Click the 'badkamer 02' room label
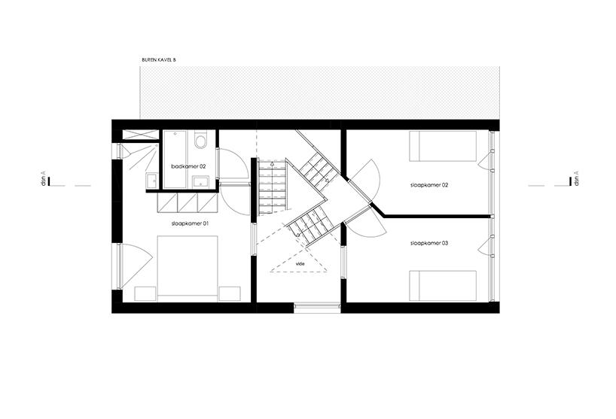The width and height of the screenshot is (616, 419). (188, 166)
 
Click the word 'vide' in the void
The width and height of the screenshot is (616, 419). (300, 264)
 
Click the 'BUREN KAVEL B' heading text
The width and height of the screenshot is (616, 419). (159, 60)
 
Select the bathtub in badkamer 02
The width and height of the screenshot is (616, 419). (175, 159)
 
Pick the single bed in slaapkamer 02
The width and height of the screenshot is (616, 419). (443, 146)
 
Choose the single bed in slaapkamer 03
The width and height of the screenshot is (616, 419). (443, 286)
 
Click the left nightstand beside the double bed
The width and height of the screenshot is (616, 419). (146, 294)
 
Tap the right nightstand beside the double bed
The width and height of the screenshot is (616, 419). (230, 294)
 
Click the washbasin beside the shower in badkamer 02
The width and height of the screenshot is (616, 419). (151, 181)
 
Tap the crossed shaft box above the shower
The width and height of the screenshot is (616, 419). (140, 134)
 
